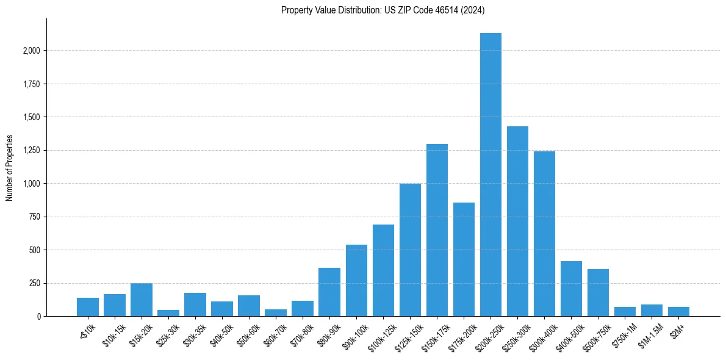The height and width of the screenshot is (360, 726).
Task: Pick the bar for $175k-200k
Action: (464, 259)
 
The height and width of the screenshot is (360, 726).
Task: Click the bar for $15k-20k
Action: (142, 300)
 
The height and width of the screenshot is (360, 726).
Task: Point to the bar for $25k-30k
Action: (168, 313)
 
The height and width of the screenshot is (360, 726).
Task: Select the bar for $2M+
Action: (678, 311)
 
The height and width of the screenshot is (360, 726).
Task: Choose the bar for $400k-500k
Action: (571, 289)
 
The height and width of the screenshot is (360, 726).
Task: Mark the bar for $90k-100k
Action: (356, 280)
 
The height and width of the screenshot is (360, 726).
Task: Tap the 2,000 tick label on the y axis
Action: (31, 51)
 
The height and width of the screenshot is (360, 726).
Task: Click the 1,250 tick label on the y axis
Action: (31, 151)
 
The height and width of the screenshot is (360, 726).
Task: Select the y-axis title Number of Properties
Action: (9, 168)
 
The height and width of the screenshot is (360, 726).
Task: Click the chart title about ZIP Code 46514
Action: (383, 10)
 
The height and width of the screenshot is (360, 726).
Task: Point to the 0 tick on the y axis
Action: (39, 317)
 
